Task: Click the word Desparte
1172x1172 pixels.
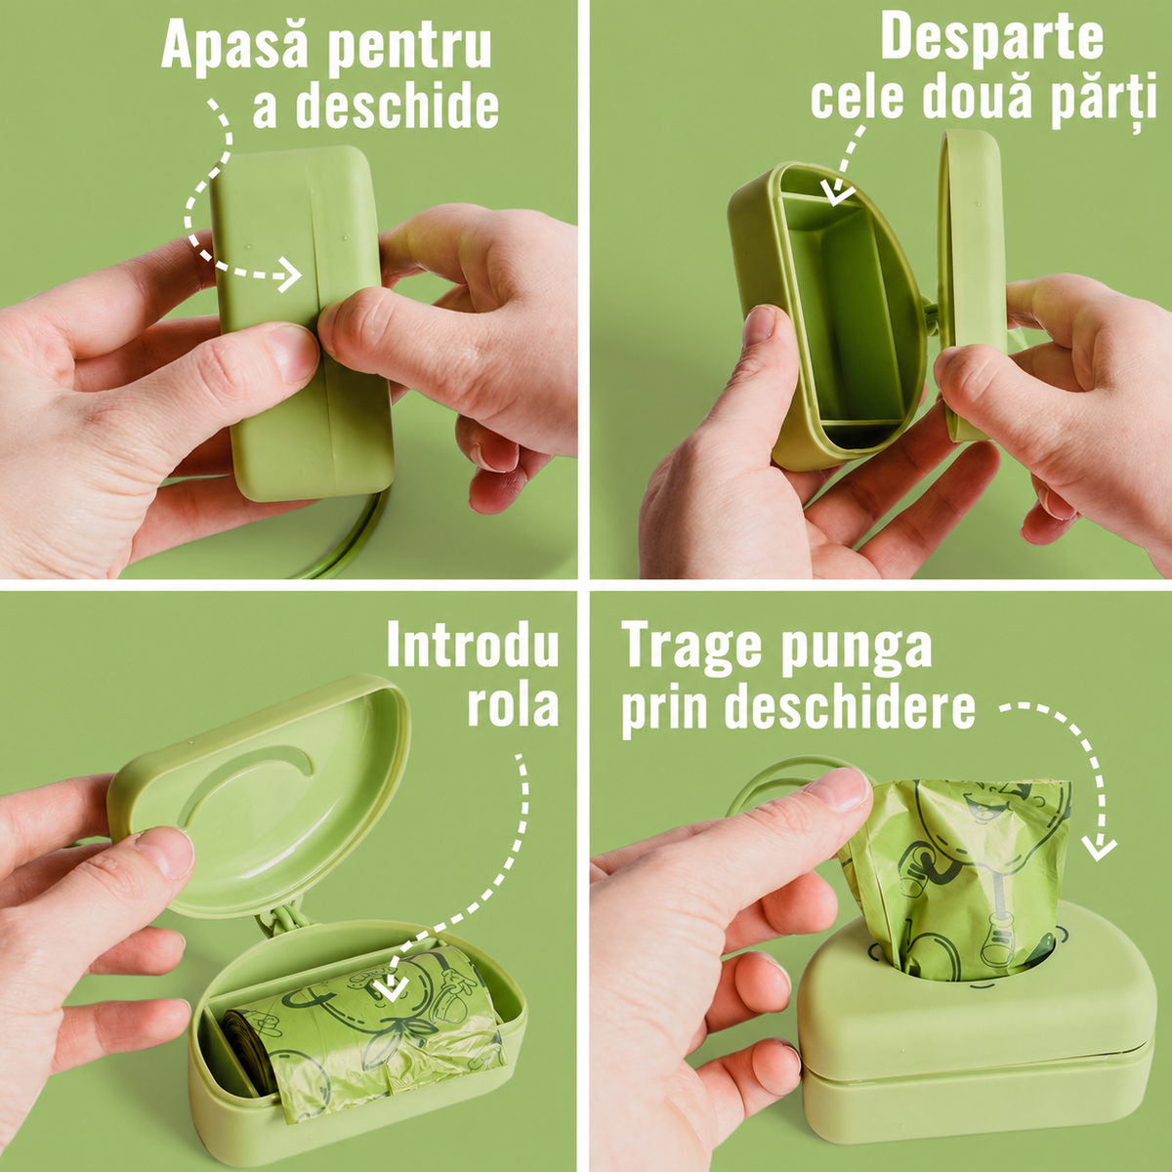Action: (991, 37)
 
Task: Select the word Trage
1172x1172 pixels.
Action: (691, 649)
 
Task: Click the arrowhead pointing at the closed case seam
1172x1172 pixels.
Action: (291, 275)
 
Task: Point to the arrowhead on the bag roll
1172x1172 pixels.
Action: (393, 987)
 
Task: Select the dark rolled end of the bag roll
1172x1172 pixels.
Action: (246, 1054)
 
